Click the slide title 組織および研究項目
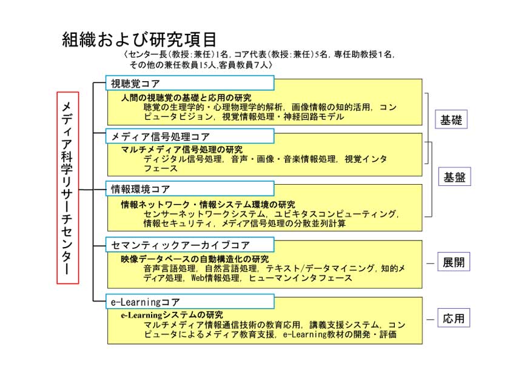coord(139,39)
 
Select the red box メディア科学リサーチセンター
coord(68,188)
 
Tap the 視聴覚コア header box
coord(190,83)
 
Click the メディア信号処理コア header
coord(190,136)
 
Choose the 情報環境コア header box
coord(190,189)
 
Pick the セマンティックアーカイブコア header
coord(190,245)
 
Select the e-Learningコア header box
coord(190,302)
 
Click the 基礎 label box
coord(451,119)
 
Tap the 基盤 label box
coord(454,176)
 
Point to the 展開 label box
coord(454,262)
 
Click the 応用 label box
coord(454,318)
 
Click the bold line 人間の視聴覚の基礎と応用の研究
coord(186,97)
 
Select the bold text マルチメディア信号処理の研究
coord(182,149)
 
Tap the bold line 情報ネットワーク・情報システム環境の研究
coord(208,204)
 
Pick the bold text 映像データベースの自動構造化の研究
coord(195,259)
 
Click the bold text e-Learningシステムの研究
coord(172,315)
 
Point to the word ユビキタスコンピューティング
coord(335,214)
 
